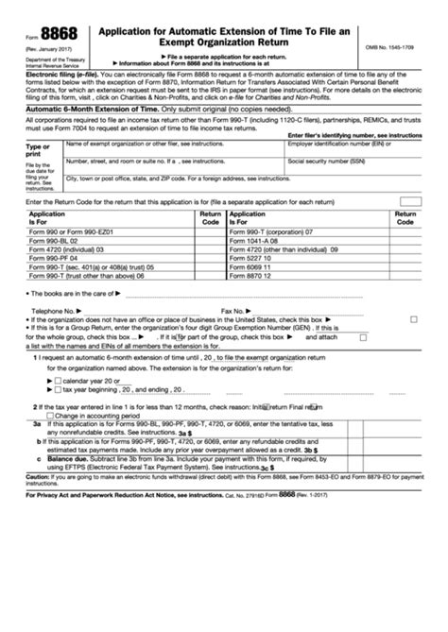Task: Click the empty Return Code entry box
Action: (x=409, y=201)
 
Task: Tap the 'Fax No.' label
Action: (x=233, y=309)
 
